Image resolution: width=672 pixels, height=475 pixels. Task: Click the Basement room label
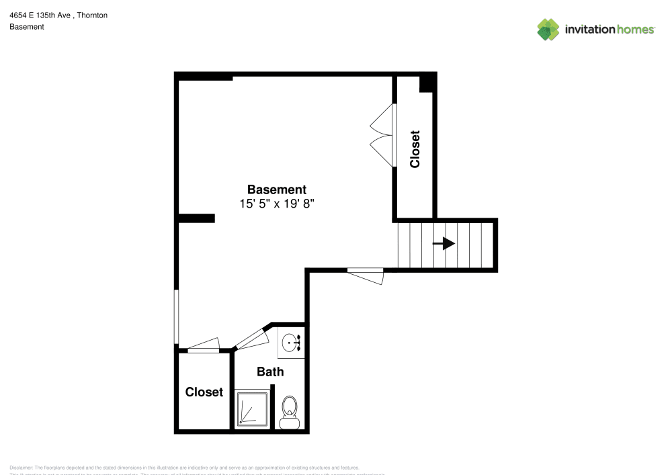tap(277, 189)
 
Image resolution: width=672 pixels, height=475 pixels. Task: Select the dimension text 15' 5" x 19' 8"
tap(277, 204)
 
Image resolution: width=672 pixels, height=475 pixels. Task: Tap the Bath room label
tap(270, 372)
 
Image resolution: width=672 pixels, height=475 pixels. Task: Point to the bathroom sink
tap(292, 344)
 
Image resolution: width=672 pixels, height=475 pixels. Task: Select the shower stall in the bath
tap(253, 408)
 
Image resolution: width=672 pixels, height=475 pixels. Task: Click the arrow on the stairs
tap(444, 243)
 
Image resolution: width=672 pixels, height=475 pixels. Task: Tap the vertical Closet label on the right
tap(415, 149)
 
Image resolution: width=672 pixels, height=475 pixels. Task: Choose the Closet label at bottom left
tap(204, 392)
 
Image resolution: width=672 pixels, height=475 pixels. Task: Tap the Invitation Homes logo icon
tap(548, 29)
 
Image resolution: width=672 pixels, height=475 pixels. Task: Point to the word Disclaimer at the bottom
tap(21, 468)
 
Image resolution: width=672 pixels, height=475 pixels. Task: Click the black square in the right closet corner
tap(427, 84)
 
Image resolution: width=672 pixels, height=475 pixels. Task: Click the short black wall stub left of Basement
tap(197, 218)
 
